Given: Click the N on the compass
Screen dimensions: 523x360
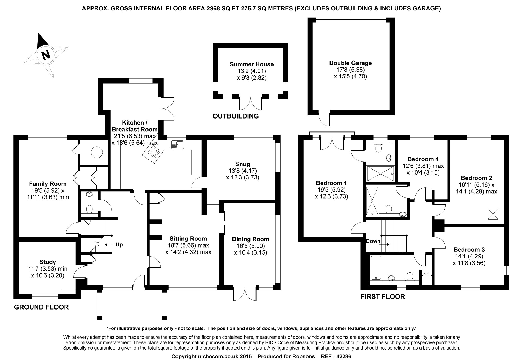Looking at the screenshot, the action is tap(46, 55).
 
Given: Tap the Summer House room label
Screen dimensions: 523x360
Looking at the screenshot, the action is tap(252, 64).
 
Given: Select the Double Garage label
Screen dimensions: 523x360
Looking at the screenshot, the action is tap(350, 63).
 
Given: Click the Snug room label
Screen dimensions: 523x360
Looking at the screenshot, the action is tap(243, 164).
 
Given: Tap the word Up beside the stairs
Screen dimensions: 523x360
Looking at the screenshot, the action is tap(119, 245).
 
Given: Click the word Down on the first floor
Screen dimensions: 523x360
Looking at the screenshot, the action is tap(373, 241).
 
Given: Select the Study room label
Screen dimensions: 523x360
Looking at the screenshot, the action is tap(48, 262).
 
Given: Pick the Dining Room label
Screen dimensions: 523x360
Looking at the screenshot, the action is tap(251, 239).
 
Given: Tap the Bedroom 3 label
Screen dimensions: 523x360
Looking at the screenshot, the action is tap(469, 249).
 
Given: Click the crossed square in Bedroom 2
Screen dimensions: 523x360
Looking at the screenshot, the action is tap(493, 214).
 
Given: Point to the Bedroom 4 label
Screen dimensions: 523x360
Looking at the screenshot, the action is tap(423, 159).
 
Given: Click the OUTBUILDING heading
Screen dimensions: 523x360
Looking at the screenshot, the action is tap(236, 116).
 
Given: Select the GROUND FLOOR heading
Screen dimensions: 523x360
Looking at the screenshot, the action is tap(41, 307).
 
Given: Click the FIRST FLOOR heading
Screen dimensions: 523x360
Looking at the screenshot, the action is tap(383, 297).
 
